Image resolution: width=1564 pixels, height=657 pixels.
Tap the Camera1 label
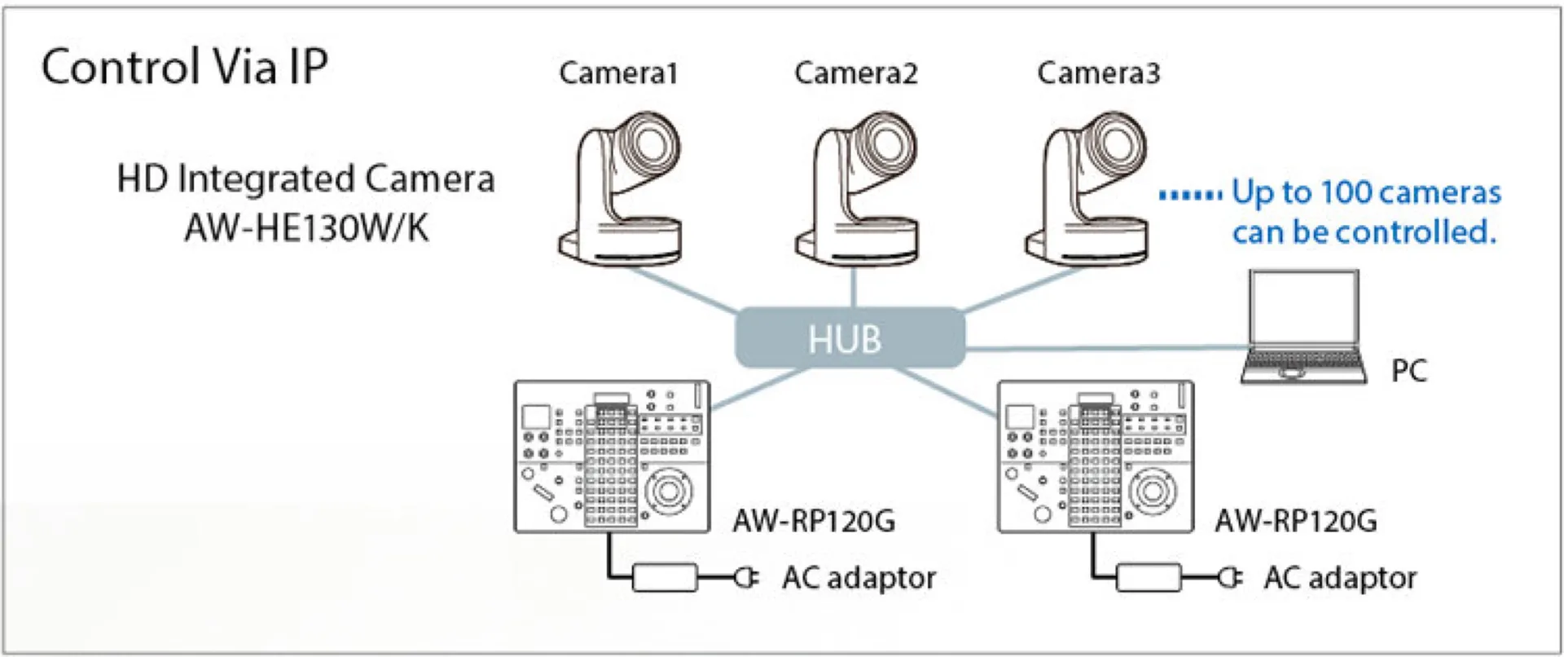pyautogui.click(x=618, y=73)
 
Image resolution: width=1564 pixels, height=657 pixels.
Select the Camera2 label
pyautogui.click(x=855, y=73)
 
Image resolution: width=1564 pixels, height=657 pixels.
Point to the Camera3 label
pyautogui.click(x=1098, y=73)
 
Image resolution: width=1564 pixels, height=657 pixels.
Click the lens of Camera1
pyautogui.click(x=649, y=143)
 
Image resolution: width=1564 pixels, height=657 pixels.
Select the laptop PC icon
pyautogui.click(x=1303, y=326)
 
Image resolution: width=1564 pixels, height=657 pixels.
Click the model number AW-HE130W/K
pyautogui.click(x=306, y=228)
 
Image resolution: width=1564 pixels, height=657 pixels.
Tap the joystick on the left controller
pyautogui.click(x=670, y=491)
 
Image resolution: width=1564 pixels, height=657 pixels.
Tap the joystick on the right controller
pyautogui.click(x=1152, y=491)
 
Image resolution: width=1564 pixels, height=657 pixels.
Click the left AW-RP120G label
pyautogui.click(x=814, y=520)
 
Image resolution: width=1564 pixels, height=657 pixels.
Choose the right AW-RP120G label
pyautogui.click(x=1296, y=520)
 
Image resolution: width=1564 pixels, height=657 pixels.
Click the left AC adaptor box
pyautogui.click(x=666, y=577)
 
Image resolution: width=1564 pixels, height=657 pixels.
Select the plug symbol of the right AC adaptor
pyautogui.click(x=1230, y=577)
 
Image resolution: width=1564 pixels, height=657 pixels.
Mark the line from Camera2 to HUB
pyautogui.click(x=854, y=287)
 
